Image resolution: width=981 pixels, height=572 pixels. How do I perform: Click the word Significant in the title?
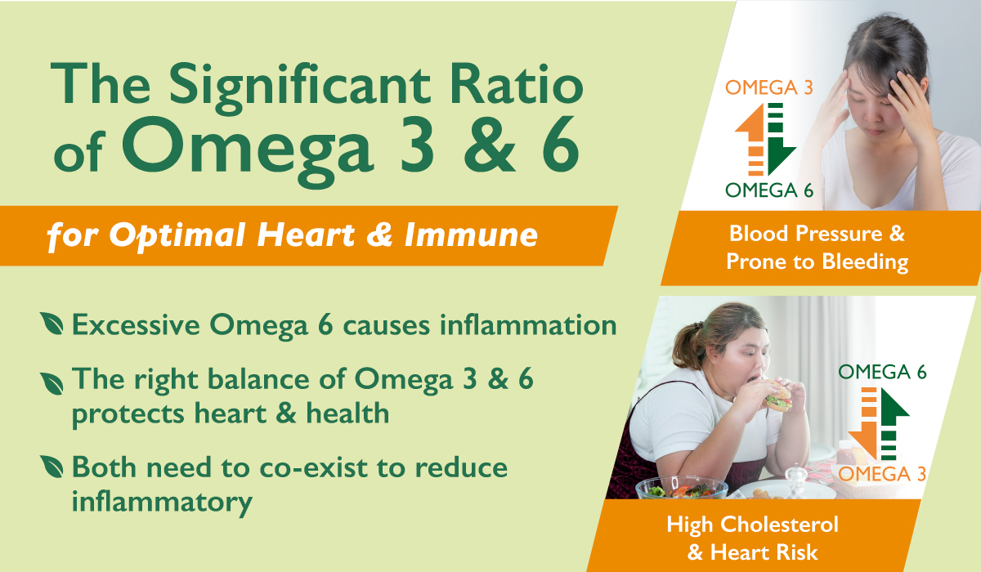[300, 87]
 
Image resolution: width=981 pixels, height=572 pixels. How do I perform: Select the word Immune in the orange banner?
[471, 235]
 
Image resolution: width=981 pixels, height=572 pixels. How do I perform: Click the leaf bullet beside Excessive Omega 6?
[52, 324]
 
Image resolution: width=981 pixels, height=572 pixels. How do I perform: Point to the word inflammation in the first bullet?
[528, 325]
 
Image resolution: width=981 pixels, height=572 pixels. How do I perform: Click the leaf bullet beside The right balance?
[52, 383]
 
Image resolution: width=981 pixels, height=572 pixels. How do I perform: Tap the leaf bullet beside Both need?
[52, 467]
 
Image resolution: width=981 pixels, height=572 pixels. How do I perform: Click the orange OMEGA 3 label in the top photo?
[769, 87]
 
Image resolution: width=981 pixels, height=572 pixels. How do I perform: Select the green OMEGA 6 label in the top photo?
[769, 190]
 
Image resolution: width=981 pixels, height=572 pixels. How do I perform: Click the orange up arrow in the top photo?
[750, 139]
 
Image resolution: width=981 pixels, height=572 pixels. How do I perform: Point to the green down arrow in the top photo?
[781, 139]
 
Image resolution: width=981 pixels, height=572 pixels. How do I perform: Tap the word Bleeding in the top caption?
[865, 262]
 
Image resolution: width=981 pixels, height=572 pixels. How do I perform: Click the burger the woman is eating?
[778, 396]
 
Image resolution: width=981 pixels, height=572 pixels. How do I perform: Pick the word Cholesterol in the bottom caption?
[780, 525]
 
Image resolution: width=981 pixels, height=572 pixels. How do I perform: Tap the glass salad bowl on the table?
[682, 489]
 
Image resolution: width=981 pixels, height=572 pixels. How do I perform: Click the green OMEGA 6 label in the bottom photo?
[882, 372]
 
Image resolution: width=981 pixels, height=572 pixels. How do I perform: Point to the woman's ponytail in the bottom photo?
[687, 346]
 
